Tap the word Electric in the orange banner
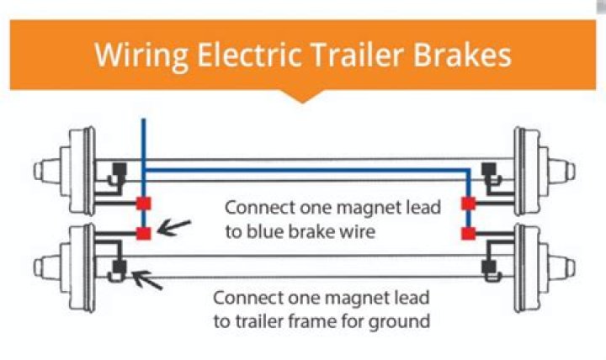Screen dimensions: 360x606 (x=244, y=56)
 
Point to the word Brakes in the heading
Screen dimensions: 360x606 (x=468, y=56)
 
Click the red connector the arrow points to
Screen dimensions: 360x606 (x=144, y=232)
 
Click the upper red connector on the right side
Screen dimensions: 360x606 (x=469, y=203)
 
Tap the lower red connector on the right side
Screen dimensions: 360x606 (x=469, y=232)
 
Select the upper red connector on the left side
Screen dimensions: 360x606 (x=144, y=203)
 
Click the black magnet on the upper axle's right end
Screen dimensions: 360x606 (x=488, y=172)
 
